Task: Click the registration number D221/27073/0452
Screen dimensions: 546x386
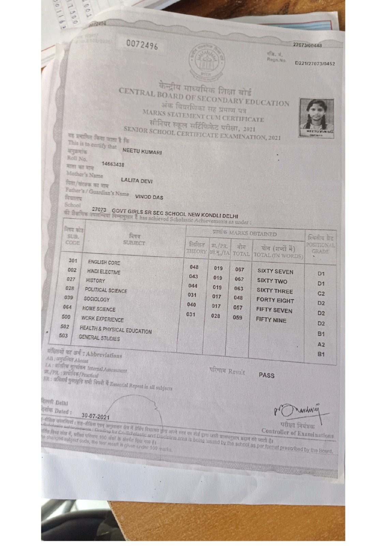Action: [x=315, y=63]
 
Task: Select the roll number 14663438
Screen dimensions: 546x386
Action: [x=113, y=164]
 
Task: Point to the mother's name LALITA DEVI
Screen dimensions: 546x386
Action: [x=137, y=181]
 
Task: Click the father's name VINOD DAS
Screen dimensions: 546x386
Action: [x=149, y=197]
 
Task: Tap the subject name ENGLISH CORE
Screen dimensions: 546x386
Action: [x=104, y=262]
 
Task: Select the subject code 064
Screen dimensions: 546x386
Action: [x=67, y=307]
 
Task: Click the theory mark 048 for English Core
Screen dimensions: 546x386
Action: [x=194, y=267]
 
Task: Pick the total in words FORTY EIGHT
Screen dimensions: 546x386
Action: [x=275, y=301]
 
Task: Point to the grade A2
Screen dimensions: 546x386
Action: [x=321, y=345]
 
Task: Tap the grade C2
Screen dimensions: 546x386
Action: [x=321, y=293]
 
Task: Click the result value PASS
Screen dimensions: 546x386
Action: [x=266, y=375]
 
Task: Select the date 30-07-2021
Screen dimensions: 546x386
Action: [x=95, y=417]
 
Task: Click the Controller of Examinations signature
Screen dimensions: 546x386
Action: [x=297, y=411]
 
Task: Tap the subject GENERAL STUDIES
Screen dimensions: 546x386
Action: [x=99, y=338]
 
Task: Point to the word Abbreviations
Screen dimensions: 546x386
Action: [x=104, y=355]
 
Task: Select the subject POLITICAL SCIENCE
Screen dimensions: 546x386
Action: [x=106, y=290]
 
